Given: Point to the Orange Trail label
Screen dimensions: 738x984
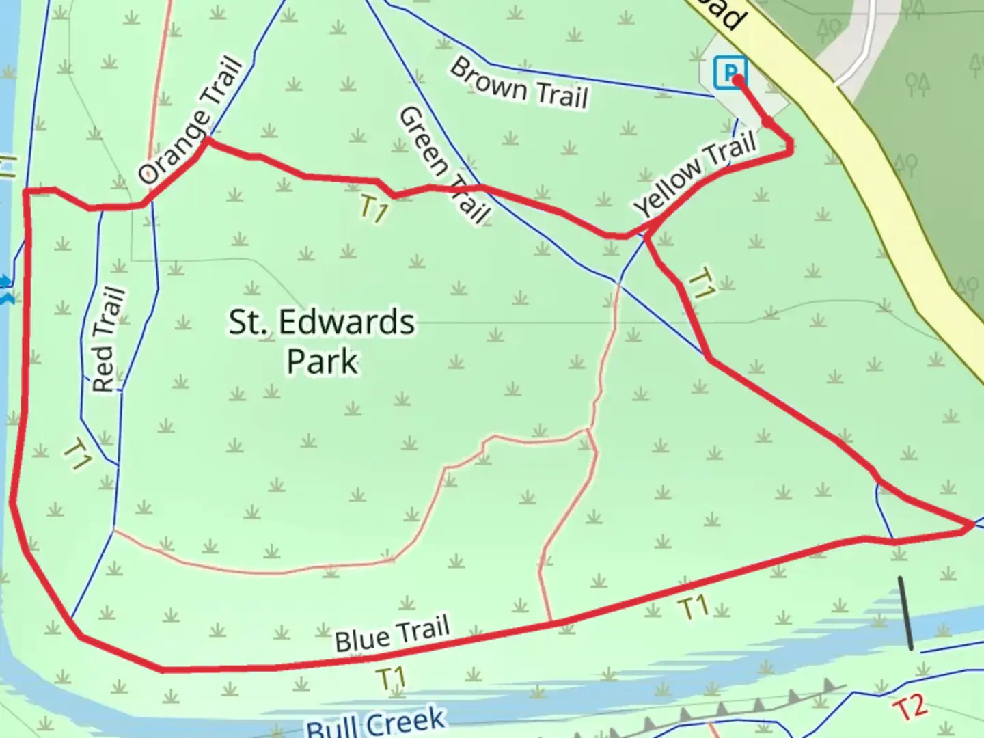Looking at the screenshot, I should coord(191,122).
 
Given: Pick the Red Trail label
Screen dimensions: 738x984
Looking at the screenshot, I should coord(109,340).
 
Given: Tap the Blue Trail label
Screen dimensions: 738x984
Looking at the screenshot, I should coord(392,634).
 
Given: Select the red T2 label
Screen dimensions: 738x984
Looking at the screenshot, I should coord(910,707).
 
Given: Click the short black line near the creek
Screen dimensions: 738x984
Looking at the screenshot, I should coord(905,613).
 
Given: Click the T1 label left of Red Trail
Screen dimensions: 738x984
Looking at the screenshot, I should coord(77,454).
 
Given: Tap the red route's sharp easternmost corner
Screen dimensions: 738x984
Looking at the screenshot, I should coord(971,525).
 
